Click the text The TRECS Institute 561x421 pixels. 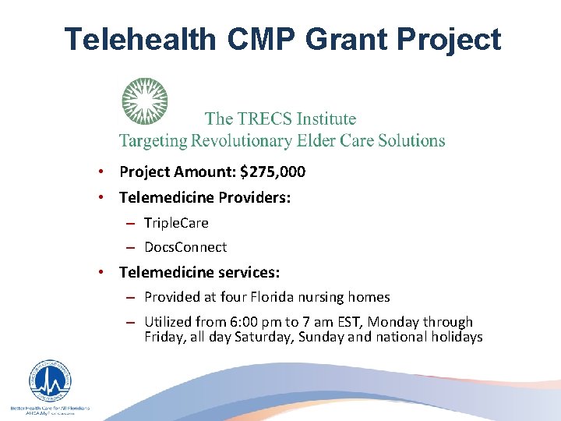(x=280, y=119)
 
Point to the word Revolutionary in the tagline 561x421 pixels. (x=266, y=141)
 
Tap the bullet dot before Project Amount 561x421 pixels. (x=101, y=172)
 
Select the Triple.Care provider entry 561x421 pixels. (x=176, y=223)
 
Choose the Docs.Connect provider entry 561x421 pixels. (x=185, y=247)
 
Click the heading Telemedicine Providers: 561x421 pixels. (x=205, y=198)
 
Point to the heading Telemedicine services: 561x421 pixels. (x=199, y=272)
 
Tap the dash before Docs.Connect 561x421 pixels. (x=131, y=247)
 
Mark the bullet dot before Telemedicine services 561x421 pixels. (x=101, y=272)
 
